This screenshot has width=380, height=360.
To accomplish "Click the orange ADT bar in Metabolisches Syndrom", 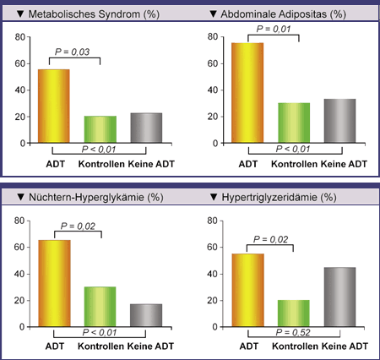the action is [54, 106].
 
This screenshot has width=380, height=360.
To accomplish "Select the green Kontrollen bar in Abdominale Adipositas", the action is [294, 123].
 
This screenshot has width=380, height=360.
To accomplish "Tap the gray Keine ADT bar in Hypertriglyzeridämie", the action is [339, 297].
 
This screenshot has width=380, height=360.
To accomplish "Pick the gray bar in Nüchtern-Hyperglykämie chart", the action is [146, 315].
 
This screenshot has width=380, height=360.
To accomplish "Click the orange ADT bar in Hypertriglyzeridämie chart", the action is [248, 290].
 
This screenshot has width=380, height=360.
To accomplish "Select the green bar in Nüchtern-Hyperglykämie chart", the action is [100, 307].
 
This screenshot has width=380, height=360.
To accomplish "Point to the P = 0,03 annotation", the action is [72, 52].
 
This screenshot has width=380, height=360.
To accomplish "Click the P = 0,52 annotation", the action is [293, 332].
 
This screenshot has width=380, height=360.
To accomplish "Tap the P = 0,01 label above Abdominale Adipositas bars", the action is [274, 29].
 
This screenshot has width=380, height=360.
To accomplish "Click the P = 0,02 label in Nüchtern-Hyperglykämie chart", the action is [78, 226].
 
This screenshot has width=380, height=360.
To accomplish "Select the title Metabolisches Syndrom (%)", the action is [94, 14].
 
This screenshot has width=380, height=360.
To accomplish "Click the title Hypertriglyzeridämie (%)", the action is [279, 197].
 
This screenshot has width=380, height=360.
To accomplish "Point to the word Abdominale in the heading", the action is [246, 14].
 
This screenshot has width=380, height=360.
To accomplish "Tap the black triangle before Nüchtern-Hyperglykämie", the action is [21, 197].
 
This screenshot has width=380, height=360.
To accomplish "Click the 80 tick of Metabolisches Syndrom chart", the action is [20, 37].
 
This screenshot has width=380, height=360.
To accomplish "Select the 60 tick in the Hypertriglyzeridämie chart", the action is [212, 247].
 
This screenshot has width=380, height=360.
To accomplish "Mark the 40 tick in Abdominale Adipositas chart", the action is [213, 90].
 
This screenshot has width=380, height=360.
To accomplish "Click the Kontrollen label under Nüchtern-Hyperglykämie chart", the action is [100, 346].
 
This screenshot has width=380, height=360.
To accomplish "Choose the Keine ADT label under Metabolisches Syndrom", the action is [151, 164].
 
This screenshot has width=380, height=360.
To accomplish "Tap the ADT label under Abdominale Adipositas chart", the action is [248, 164].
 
